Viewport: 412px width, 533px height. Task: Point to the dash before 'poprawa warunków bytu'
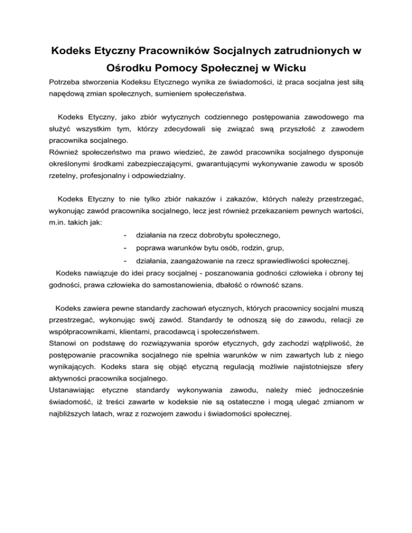click(124, 248)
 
